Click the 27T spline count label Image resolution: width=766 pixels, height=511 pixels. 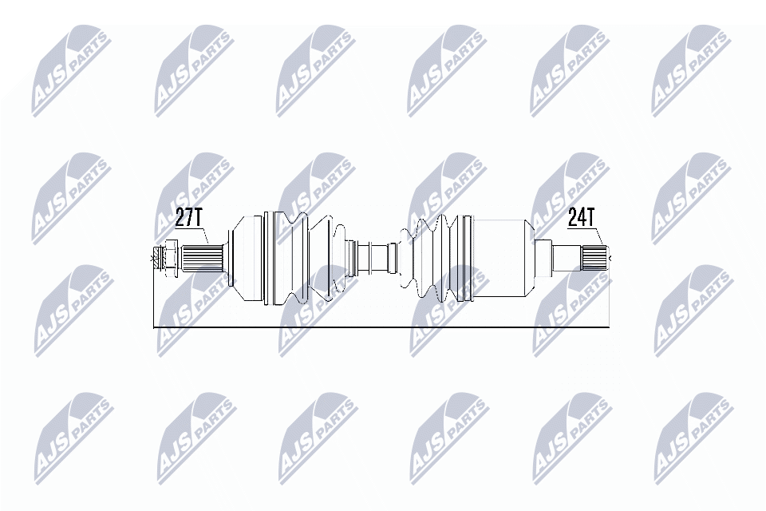[x=189, y=218]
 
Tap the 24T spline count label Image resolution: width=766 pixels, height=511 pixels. [x=582, y=217]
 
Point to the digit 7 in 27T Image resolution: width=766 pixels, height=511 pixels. [x=189, y=218]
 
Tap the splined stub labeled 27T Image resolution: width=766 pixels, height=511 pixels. [x=198, y=258]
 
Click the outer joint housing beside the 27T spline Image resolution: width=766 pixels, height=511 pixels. [x=247, y=257]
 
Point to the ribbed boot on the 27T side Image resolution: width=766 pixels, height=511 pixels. [x=307, y=257]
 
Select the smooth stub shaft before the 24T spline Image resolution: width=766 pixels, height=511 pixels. [x=566, y=257]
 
